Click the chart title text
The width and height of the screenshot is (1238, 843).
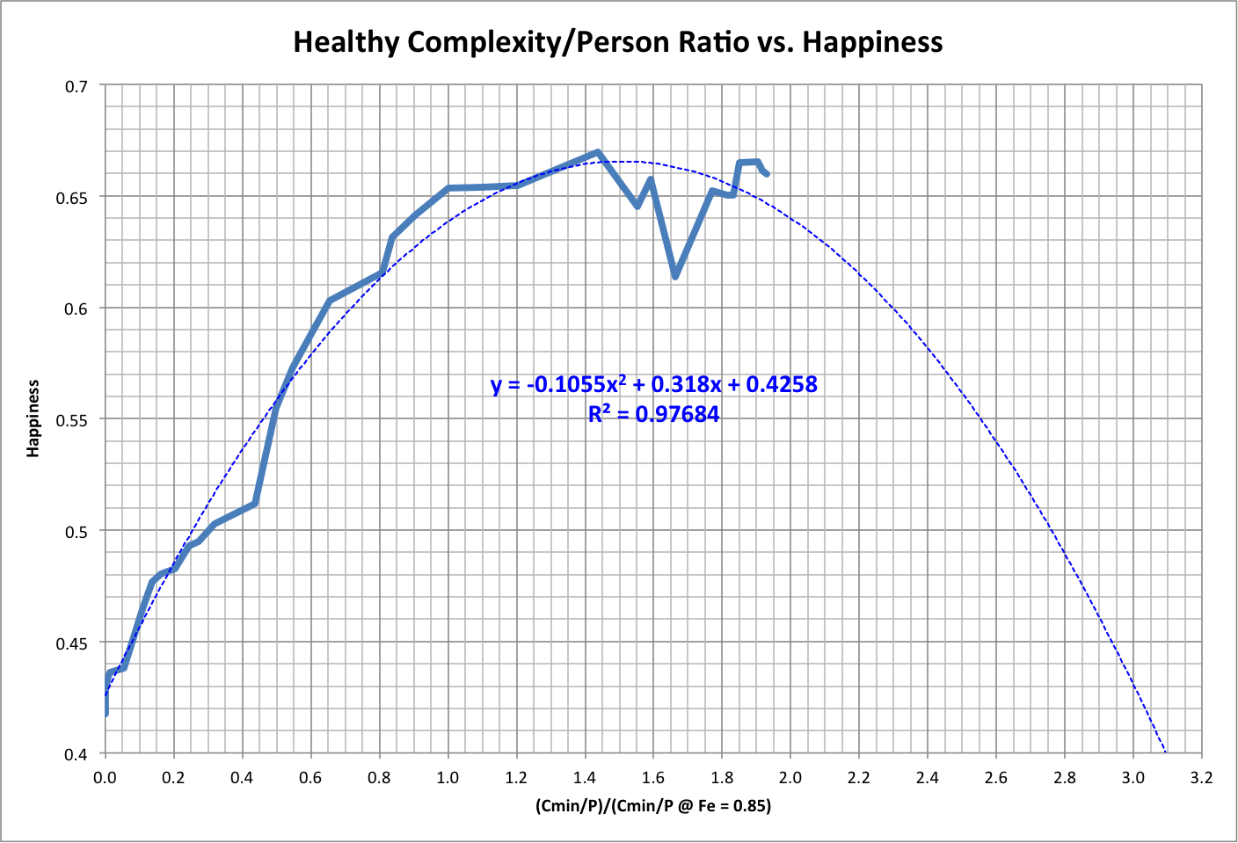coord(618,41)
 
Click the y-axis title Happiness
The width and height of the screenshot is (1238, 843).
coord(33,418)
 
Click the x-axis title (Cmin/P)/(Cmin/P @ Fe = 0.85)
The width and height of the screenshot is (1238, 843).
coord(652,805)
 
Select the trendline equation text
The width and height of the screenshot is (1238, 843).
coord(654,384)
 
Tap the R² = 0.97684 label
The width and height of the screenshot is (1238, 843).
coord(653,413)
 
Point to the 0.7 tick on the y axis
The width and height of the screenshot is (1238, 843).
coord(76,86)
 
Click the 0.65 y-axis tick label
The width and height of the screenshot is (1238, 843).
coord(72,198)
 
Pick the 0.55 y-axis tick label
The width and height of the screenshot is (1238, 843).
coord(72,420)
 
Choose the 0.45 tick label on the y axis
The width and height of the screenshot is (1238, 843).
coord(72,643)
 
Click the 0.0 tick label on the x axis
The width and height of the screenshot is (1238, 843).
coord(105,778)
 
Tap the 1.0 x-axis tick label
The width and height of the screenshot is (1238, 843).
coord(448,778)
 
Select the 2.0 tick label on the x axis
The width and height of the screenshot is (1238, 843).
coord(790,778)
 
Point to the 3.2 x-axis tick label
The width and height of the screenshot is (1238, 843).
coord(1201,778)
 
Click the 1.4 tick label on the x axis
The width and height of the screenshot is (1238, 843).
coord(585,778)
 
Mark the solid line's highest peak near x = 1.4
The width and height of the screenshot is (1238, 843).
coord(598,152)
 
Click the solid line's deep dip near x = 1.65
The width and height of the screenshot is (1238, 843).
coord(674,277)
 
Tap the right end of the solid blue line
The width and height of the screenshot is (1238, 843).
coord(768,174)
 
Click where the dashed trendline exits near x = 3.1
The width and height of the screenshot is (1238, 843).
coord(1165,751)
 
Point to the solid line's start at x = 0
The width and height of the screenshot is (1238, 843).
coord(106,713)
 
